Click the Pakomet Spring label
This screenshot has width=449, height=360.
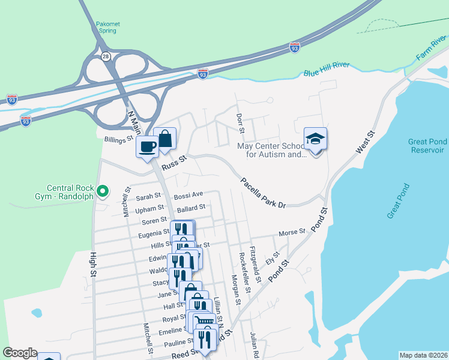pos(108,28)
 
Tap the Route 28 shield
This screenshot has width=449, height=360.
pos(106,56)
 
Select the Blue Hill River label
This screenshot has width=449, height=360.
pos(327,70)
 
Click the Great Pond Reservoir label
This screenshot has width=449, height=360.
pos(427,146)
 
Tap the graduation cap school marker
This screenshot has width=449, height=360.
pos(316,140)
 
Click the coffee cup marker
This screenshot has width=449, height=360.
pos(147,146)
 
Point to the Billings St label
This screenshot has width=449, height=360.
pos(118,139)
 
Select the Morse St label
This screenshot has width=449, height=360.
pos(292,232)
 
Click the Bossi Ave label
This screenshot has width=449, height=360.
pos(188,195)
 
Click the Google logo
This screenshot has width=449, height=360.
pos(20,353)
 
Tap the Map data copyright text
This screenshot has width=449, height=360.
pos(423,355)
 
